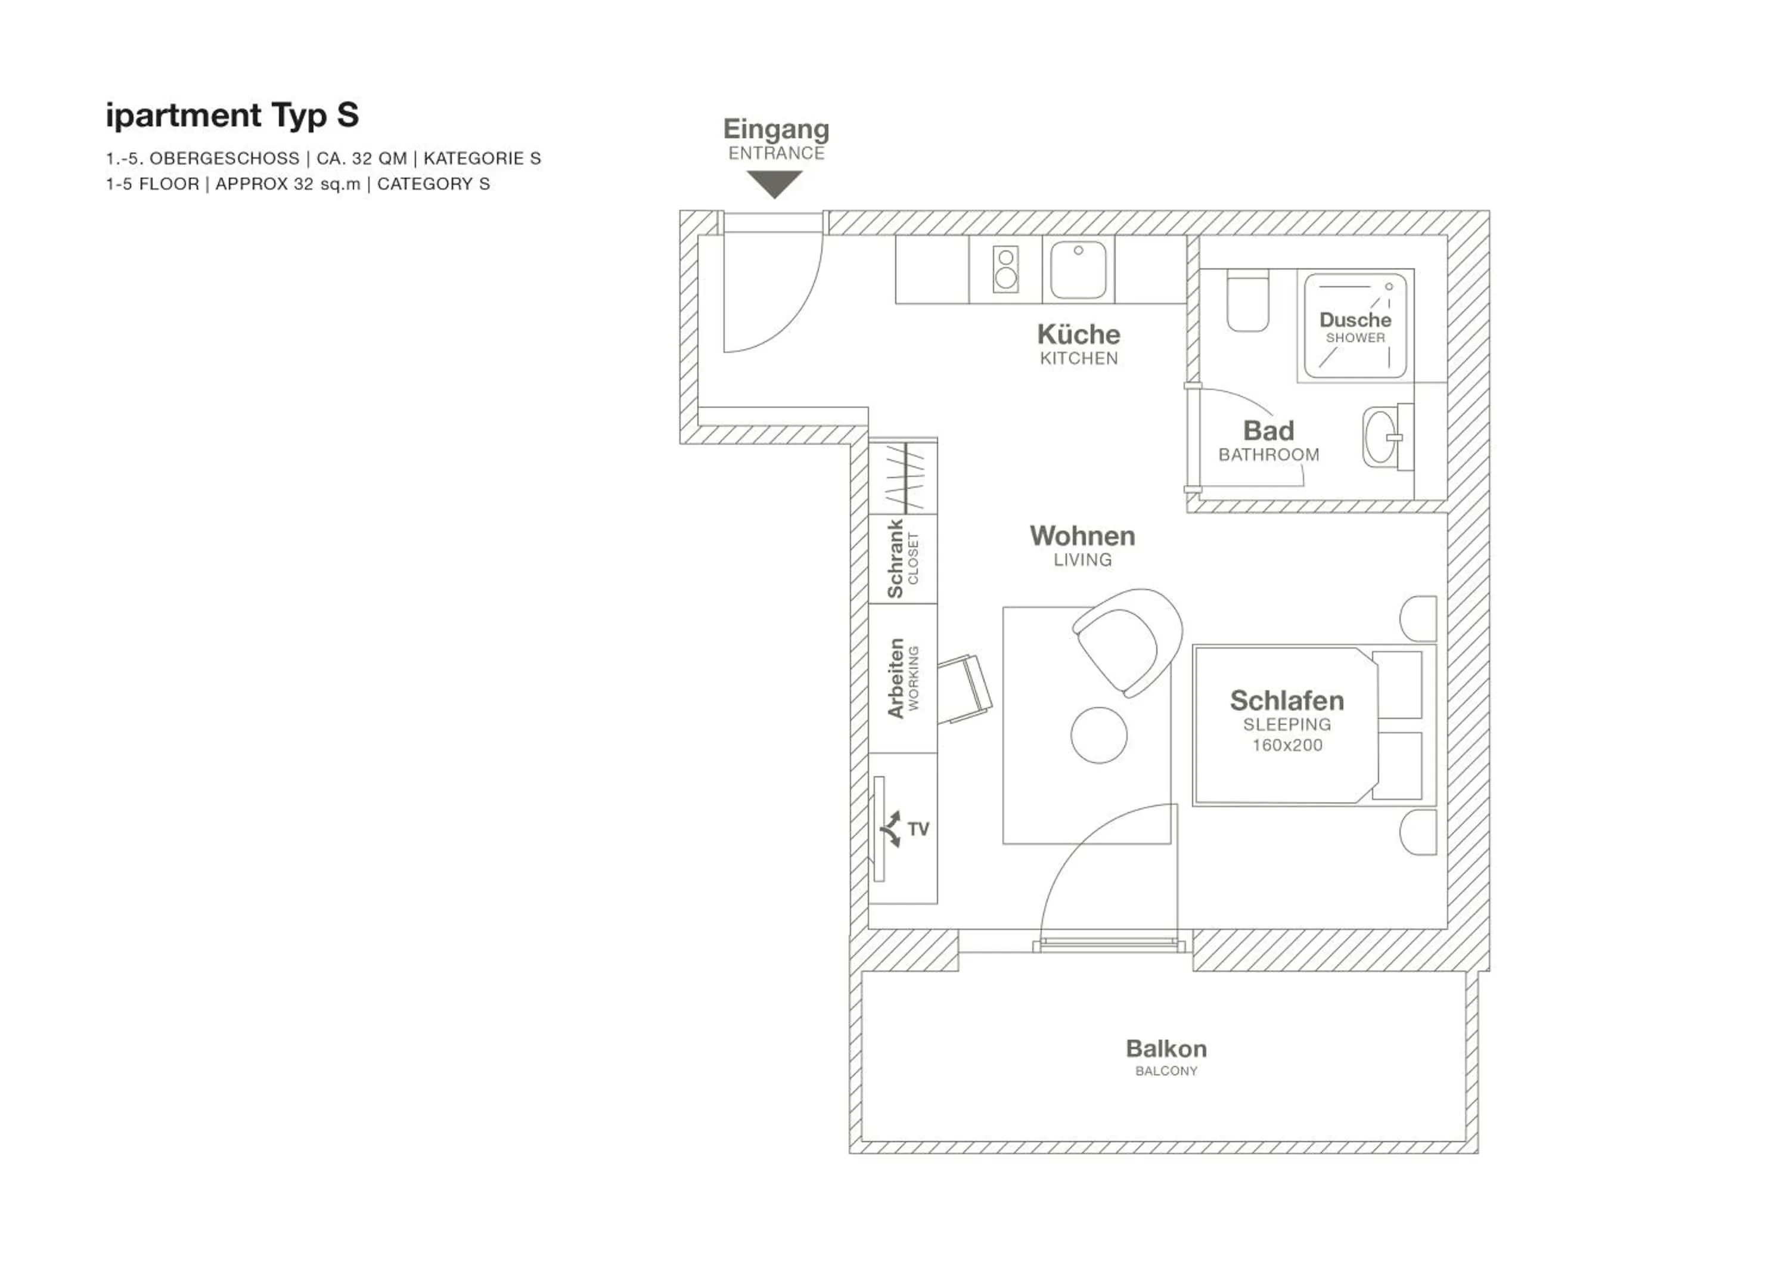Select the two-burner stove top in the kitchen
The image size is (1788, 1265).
[1005, 269]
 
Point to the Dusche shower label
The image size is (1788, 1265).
[1355, 320]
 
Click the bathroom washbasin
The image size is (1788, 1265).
[1381, 437]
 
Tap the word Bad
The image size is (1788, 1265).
[1268, 431]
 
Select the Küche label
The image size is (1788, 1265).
[1079, 335]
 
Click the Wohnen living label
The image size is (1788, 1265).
[1082, 536]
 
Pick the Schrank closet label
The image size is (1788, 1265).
[896, 559]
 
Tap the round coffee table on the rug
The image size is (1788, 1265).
[1099, 734]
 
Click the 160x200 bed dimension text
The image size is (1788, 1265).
[1287, 745]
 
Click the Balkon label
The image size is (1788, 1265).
[1166, 1049]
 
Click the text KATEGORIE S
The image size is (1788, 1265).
[482, 159]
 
